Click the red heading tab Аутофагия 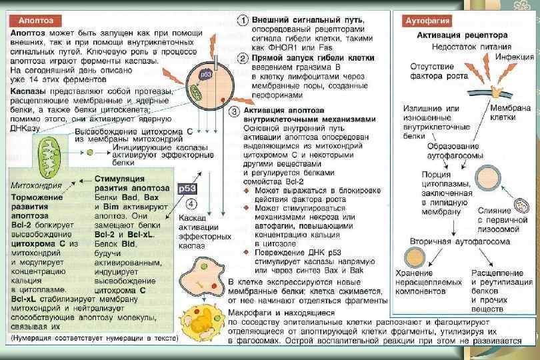click(427, 21)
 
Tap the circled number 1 click(245, 20)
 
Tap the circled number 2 click(245, 58)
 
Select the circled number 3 click(234, 111)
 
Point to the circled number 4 click(191, 203)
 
